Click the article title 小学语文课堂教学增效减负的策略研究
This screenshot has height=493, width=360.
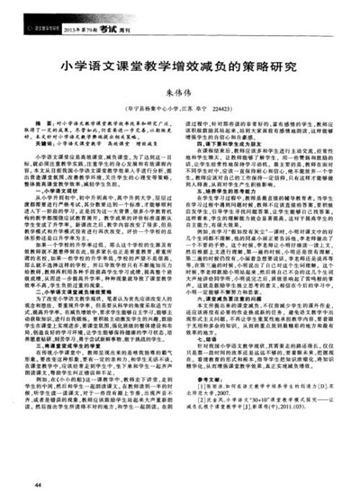pyautogui.click(x=181, y=67)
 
